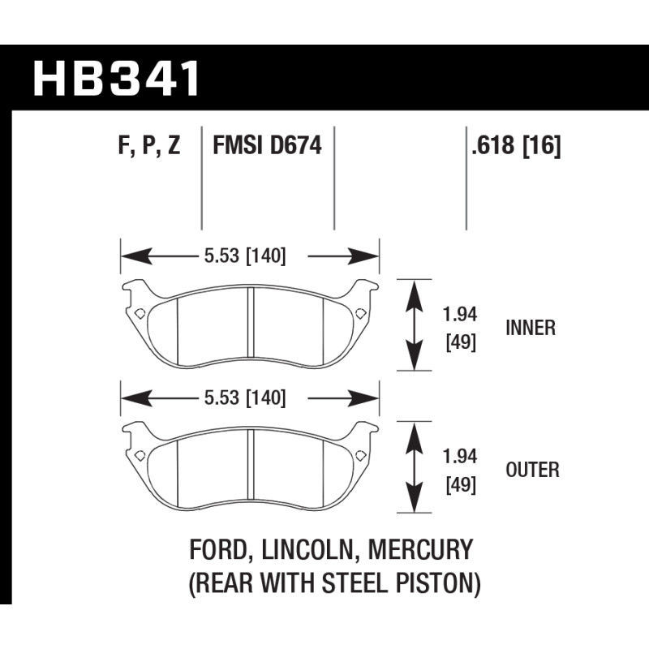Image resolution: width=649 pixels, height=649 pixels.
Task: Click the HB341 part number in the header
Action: point(116,78)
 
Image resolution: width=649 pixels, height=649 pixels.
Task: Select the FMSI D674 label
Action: point(267,146)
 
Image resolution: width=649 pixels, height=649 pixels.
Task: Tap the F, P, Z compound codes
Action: point(149,146)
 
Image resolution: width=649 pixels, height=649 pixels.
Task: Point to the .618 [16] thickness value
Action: point(516,146)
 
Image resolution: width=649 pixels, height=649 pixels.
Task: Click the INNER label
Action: point(531,328)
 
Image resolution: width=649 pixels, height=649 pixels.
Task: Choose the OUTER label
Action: point(532,470)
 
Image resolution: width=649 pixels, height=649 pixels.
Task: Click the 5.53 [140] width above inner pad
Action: point(245,256)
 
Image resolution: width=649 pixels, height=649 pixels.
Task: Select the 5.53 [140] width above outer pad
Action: point(245,398)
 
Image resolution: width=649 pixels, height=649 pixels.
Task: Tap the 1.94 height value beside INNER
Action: point(460,315)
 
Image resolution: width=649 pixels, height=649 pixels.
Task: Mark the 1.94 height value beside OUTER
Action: point(460,457)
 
